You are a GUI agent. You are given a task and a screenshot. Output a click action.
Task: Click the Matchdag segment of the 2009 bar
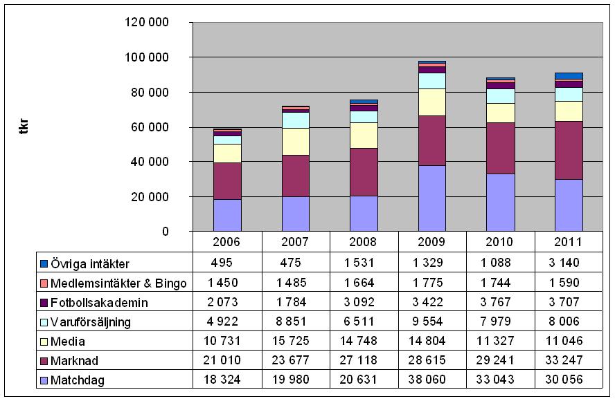(432, 198)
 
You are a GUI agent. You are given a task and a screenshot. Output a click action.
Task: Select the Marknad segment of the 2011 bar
(569, 150)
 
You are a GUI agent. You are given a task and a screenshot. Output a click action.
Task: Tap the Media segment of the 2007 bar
(296, 141)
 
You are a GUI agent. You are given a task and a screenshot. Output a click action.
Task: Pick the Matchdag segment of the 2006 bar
(227, 215)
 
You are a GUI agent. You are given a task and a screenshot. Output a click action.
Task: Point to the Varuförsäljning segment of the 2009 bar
(432, 80)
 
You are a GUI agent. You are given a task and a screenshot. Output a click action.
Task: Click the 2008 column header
(364, 243)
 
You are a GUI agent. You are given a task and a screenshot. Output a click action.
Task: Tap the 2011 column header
(569, 243)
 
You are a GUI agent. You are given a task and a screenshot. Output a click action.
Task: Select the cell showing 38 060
(432, 380)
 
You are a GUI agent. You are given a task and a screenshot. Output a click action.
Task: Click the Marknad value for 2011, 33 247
(569, 360)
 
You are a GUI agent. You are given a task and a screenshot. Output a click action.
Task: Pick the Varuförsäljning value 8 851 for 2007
(296, 321)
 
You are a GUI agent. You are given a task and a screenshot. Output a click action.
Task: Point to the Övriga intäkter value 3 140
(569, 263)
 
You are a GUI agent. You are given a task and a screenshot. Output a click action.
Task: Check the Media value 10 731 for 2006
(227, 341)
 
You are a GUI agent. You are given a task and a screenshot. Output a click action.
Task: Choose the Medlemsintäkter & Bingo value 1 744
(500, 283)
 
